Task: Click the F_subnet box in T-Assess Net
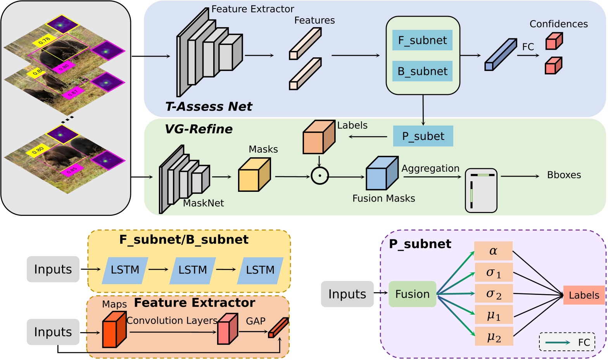[422, 40]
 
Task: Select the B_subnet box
[422, 71]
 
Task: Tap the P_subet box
[423, 136]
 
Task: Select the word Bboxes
[564, 175]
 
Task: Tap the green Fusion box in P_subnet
[412, 294]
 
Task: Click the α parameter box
[493, 251]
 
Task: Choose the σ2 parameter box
[494, 294]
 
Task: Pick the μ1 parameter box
[494, 315]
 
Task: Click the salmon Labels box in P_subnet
[584, 295]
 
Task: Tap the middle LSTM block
[192, 270]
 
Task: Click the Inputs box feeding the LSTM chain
[53, 269]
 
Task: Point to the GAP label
[256, 321]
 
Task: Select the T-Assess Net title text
[209, 107]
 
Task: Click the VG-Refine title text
[199, 129]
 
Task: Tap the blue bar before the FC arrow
[501, 55]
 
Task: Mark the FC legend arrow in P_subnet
[558, 343]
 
